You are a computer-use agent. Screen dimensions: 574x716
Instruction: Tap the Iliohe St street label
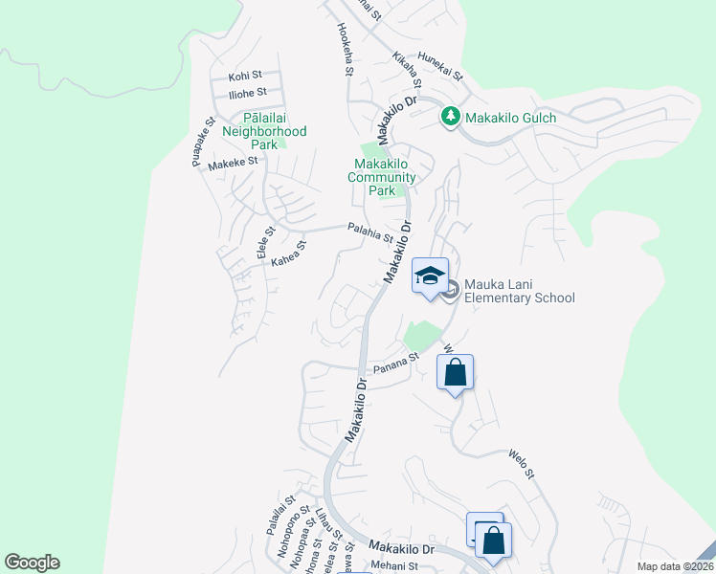(248, 93)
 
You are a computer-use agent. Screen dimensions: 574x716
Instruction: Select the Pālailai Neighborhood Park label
(264, 130)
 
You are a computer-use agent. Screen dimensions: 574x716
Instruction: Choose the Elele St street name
(265, 243)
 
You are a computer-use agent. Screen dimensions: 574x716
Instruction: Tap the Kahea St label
(288, 253)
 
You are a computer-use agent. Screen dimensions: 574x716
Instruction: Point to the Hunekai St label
(438, 67)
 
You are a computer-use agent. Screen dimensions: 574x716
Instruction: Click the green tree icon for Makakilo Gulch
(450, 117)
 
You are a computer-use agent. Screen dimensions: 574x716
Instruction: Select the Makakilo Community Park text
(382, 177)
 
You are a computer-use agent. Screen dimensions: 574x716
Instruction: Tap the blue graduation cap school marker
(430, 276)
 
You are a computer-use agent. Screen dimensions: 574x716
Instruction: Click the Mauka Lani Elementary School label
(520, 291)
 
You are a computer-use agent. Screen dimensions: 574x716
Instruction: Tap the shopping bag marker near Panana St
(456, 372)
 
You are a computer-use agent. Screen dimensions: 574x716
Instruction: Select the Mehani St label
(394, 566)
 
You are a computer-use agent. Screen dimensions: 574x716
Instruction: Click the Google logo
(32, 563)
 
